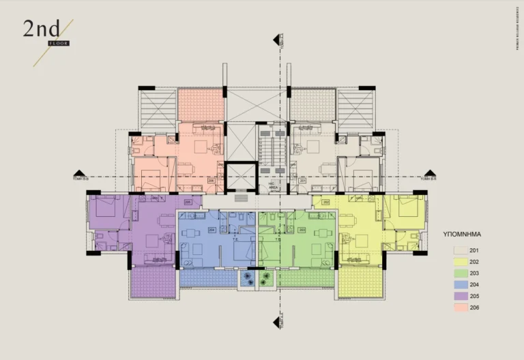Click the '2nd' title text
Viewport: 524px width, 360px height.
click(x=41, y=29)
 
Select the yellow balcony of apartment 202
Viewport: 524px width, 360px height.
click(x=360, y=282)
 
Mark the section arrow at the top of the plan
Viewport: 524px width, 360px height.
click(x=277, y=40)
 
